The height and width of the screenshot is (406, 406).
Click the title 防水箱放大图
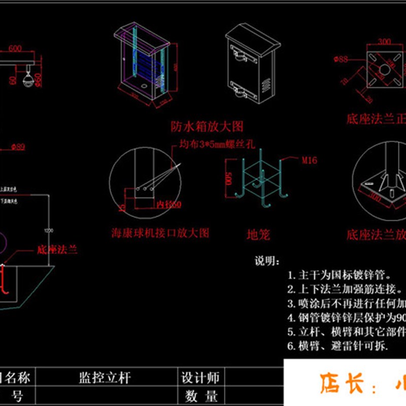tap(207, 125)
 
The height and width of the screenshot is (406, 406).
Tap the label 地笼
tap(258, 234)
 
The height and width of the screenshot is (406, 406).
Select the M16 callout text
tap(310, 160)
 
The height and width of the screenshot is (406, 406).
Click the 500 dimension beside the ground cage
tap(229, 179)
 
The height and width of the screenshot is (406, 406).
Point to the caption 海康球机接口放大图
tap(160, 233)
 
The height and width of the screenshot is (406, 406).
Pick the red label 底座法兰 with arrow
tap(57, 250)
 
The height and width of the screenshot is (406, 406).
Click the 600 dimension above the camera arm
tap(15, 49)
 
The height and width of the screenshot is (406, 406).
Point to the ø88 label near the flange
tap(340, 59)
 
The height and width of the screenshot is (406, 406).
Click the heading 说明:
tap(266, 261)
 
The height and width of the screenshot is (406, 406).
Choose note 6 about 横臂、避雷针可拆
tap(338, 347)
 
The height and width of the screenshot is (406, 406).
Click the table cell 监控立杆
tap(105, 378)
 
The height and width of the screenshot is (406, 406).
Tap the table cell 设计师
tap(200, 378)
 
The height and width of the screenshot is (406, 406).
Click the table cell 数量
tap(200, 396)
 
